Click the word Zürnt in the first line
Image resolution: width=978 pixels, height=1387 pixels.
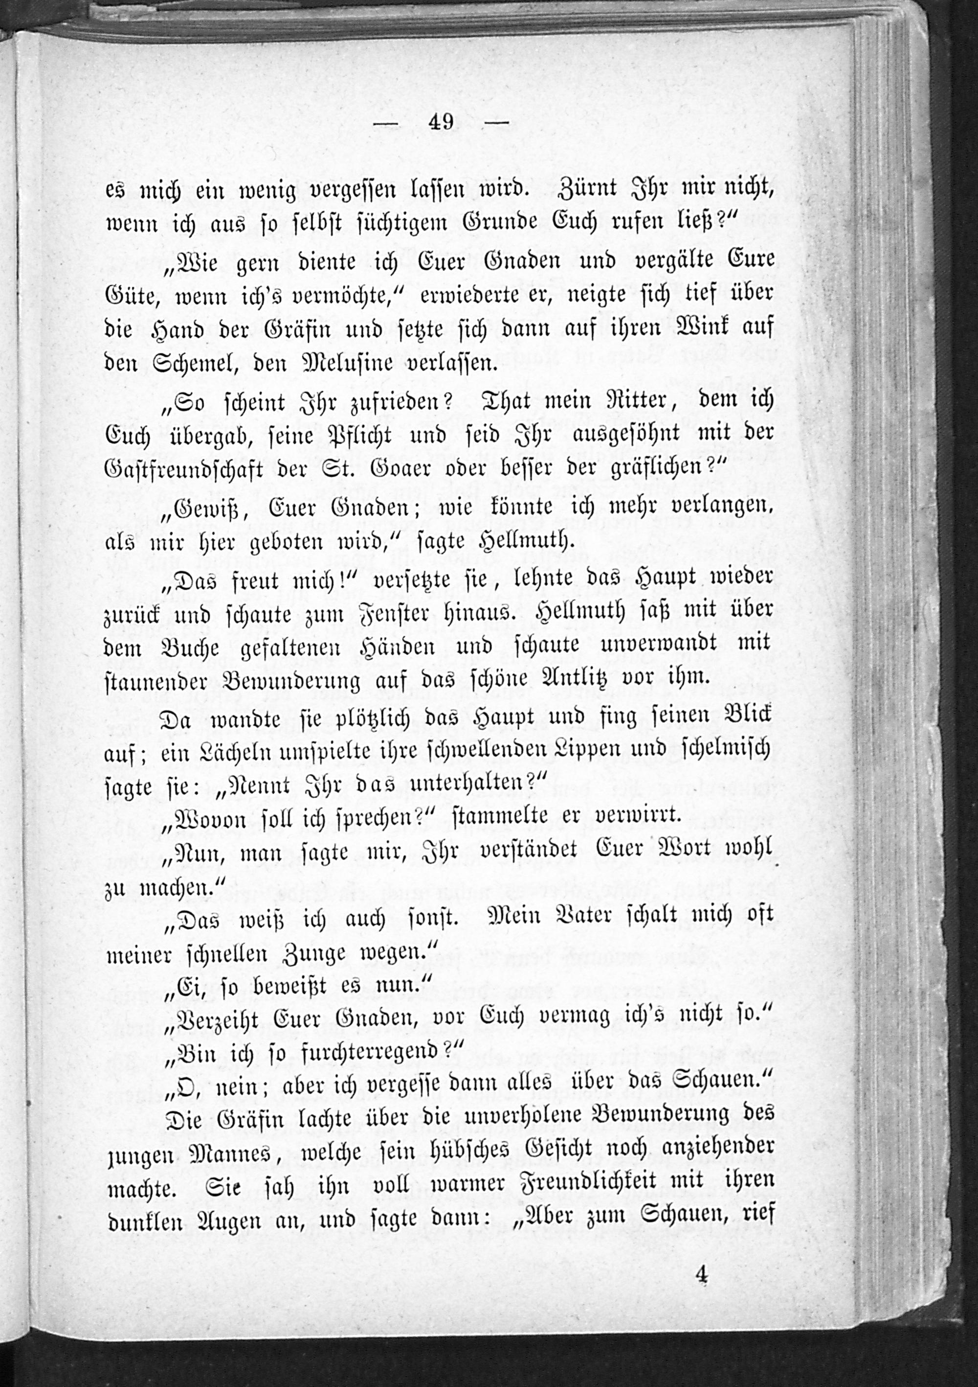[x=582, y=189]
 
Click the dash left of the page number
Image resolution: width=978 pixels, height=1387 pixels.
[x=386, y=124]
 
